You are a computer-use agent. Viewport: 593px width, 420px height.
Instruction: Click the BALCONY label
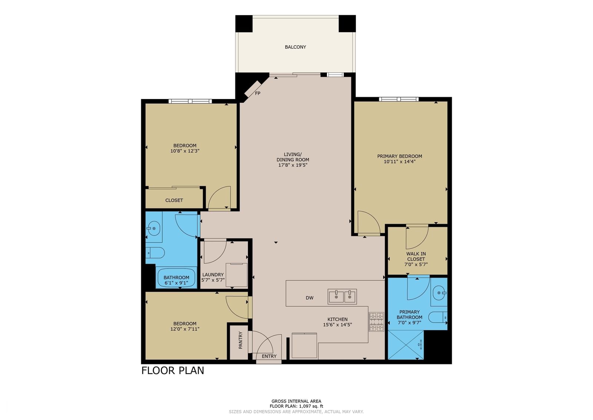tap(295, 47)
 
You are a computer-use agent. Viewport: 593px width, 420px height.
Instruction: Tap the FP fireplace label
tap(258, 93)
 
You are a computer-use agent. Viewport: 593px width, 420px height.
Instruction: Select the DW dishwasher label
tap(309, 298)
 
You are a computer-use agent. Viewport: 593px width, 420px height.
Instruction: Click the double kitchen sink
tap(342, 296)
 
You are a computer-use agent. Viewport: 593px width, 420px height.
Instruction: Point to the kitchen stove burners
tap(377, 322)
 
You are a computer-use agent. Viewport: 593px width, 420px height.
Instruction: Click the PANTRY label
tap(241, 340)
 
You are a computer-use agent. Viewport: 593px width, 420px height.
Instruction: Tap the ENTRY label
tap(269, 356)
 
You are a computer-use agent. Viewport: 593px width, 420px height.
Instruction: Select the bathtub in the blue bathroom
tap(176, 278)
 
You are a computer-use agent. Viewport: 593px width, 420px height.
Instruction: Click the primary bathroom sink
tap(439, 293)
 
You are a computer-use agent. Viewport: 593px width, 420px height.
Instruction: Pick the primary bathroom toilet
tap(438, 317)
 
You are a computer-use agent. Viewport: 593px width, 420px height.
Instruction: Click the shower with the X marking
tap(406, 345)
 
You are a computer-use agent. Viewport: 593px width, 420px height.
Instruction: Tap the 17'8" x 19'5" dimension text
tap(292, 165)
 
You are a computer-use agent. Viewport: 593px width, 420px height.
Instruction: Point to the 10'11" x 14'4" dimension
tap(400, 161)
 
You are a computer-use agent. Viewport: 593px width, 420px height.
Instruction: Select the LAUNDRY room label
tap(213, 275)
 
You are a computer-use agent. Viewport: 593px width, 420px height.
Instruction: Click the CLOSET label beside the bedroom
tap(174, 200)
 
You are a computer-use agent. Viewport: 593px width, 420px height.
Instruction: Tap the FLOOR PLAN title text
tap(173, 370)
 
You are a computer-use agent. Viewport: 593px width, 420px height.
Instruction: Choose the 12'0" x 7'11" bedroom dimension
tap(185, 329)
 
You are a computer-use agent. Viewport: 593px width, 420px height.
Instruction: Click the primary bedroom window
tap(399, 99)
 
